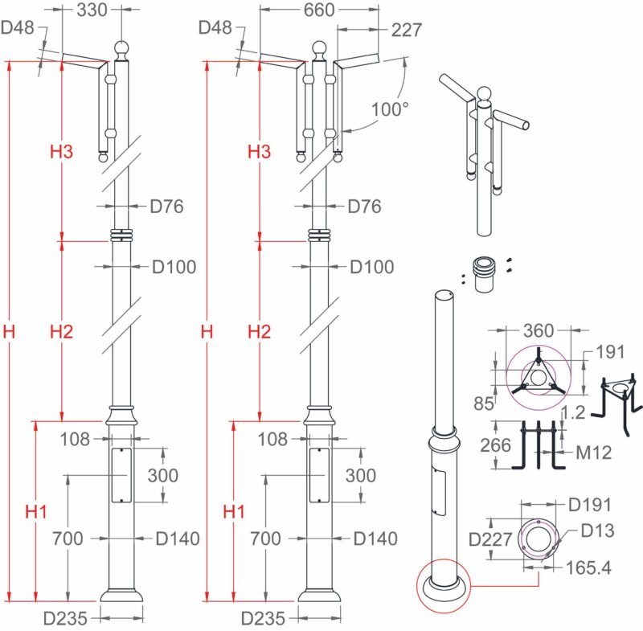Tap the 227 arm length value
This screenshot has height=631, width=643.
(406, 31)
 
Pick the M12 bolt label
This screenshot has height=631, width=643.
(594, 453)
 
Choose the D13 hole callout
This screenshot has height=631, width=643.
(597, 531)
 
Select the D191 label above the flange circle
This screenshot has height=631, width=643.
(589, 506)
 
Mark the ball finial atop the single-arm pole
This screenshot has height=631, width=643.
(121, 48)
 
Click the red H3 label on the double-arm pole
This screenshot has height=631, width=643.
(259, 151)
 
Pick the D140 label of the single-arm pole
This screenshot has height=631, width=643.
(178, 539)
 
